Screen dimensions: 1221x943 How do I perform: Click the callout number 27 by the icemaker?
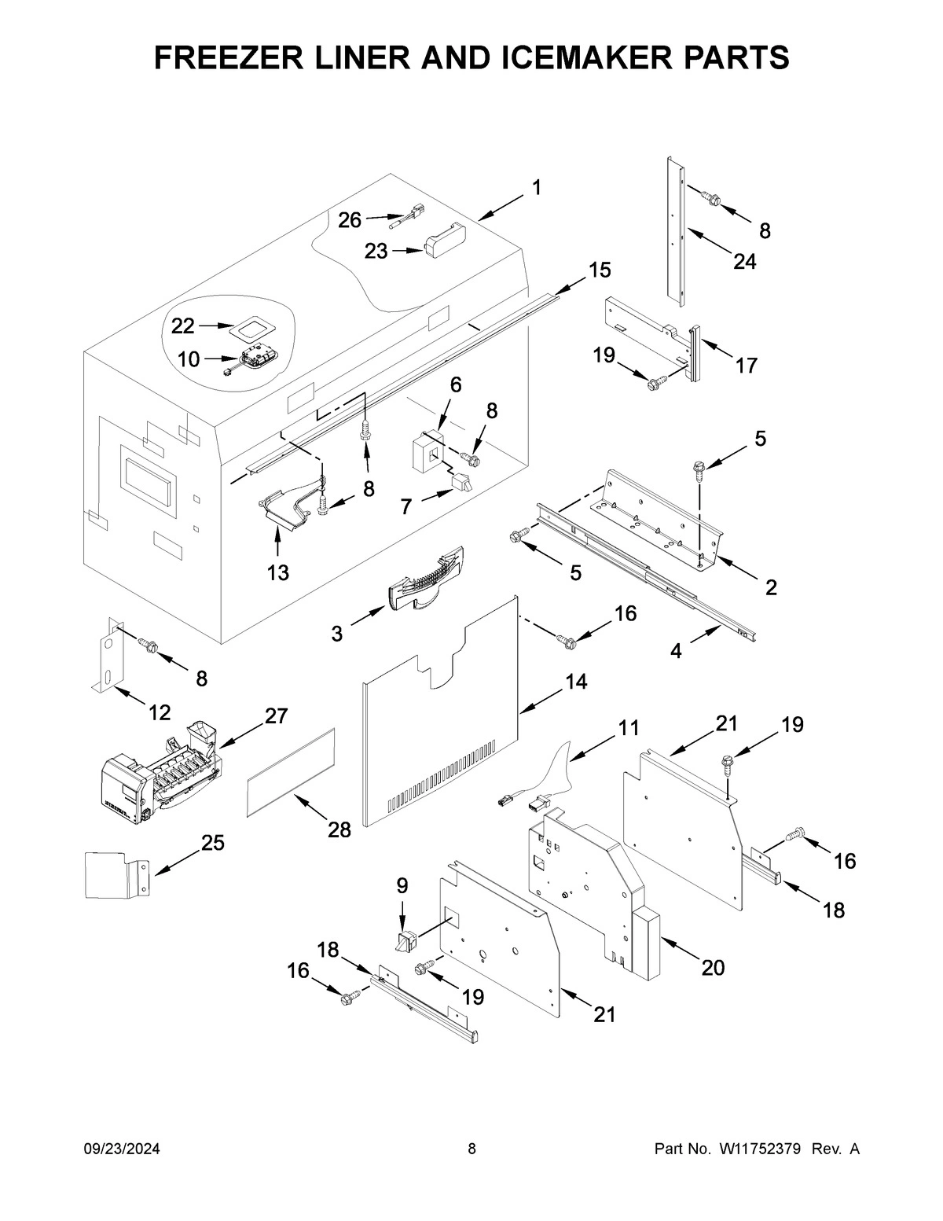(276, 715)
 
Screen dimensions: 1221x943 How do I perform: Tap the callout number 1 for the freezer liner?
(536, 188)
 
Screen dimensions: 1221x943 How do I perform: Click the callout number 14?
(575, 682)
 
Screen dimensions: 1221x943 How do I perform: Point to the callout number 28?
(339, 829)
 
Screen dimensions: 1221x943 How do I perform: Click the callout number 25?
(212, 844)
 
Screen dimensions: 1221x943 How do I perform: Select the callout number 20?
(712, 967)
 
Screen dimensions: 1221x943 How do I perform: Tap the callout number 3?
(336, 633)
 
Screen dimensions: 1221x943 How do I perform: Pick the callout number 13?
(277, 572)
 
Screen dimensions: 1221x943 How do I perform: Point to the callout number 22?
(182, 325)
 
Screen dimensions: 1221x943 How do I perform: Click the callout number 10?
(188, 359)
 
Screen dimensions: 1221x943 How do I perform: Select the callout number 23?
(376, 251)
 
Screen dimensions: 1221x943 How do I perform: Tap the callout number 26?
(350, 220)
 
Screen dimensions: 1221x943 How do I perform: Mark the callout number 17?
(746, 365)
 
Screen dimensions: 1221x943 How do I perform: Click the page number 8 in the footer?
(472, 1149)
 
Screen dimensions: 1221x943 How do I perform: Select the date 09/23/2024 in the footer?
(122, 1149)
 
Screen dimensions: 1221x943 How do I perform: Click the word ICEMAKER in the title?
(523, 57)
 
